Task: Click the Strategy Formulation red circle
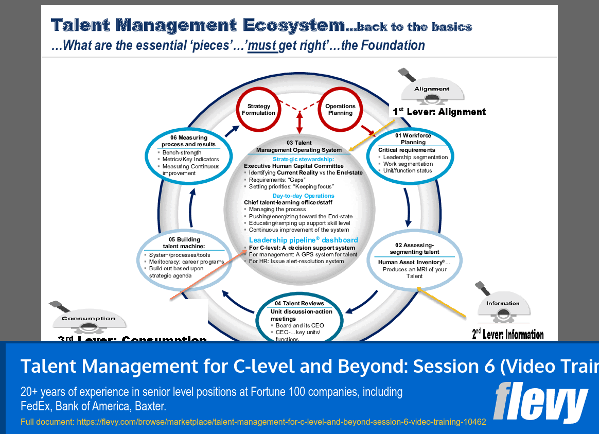click(x=259, y=110)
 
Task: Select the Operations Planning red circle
click(x=340, y=110)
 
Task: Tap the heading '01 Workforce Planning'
click(x=413, y=138)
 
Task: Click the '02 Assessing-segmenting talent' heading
click(x=414, y=248)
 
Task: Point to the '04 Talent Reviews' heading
click(x=299, y=303)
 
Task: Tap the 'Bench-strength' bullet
click(x=182, y=153)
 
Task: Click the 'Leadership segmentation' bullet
click(x=415, y=157)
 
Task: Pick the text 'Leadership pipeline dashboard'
click(x=303, y=240)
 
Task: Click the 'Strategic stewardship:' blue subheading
click(x=303, y=159)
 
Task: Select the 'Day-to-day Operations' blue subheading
click(x=303, y=196)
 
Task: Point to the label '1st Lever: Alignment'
click(x=439, y=112)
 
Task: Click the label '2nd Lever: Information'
click(x=507, y=335)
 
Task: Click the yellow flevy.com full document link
click(x=253, y=422)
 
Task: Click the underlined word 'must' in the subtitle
click(x=262, y=45)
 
